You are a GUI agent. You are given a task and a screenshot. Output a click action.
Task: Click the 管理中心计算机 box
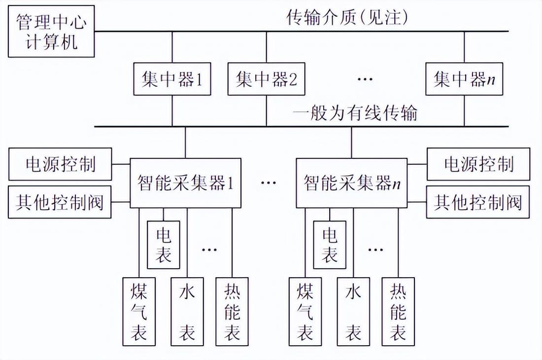tap(51, 33)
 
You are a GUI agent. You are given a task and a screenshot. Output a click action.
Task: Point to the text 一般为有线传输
tap(355, 113)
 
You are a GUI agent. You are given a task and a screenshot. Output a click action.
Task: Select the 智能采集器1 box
tap(185, 183)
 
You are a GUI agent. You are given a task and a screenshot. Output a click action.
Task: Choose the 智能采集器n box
tap(351, 183)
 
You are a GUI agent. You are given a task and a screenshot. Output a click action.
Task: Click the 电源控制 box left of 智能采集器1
tap(60, 164)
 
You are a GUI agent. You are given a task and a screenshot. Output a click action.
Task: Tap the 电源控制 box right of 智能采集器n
tap(478, 164)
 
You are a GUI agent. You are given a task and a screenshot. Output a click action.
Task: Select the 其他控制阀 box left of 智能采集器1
tap(60, 202)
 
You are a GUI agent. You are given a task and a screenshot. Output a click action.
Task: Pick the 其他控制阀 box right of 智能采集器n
tap(478, 202)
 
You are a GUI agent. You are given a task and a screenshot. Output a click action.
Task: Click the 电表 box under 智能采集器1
tap(164, 245)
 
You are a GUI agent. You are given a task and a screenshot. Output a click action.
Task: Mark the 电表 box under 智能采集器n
tap(330, 245)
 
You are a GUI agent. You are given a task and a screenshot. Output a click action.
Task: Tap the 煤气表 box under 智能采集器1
tap(139, 312)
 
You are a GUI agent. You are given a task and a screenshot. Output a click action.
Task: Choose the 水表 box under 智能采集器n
tap(353, 312)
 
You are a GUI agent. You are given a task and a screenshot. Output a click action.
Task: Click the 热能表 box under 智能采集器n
tap(398, 312)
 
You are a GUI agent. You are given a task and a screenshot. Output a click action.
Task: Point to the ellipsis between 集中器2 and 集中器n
tap(365, 79)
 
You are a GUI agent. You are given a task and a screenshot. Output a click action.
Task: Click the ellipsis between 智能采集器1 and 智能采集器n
tap(269, 183)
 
